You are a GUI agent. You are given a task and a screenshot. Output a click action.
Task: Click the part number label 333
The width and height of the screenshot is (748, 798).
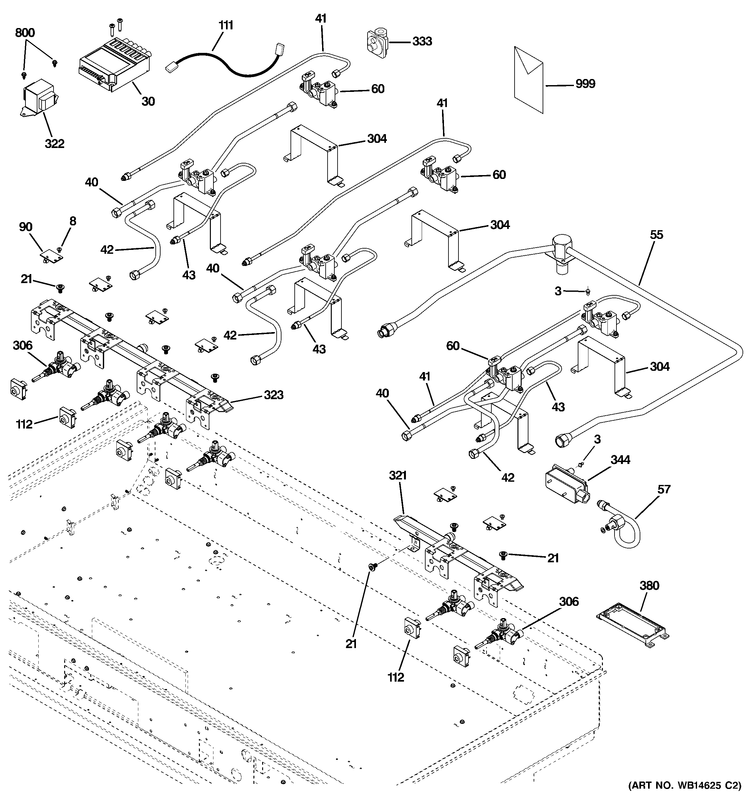tap(422, 41)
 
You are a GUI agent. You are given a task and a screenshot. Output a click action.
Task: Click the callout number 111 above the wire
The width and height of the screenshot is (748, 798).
tap(226, 25)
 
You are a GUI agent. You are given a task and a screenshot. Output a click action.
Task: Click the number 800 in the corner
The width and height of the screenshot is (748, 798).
tap(25, 33)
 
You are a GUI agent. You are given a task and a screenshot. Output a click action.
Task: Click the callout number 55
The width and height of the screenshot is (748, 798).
tap(656, 235)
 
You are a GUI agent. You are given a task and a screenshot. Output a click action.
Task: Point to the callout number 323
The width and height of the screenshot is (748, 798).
tap(273, 395)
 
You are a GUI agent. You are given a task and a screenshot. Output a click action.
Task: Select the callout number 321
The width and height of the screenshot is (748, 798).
tap(398, 476)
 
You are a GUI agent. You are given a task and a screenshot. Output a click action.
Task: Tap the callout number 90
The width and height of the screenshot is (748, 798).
tap(26, 227)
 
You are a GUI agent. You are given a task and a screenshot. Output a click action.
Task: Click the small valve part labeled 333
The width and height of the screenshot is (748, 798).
tap(377, 41)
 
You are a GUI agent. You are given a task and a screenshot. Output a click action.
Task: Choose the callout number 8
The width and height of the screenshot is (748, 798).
tap(73, 221)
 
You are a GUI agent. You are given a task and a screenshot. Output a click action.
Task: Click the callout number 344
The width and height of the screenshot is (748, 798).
tap(620, 460)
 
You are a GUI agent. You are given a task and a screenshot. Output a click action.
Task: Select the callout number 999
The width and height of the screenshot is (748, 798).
tap(585, 84)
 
